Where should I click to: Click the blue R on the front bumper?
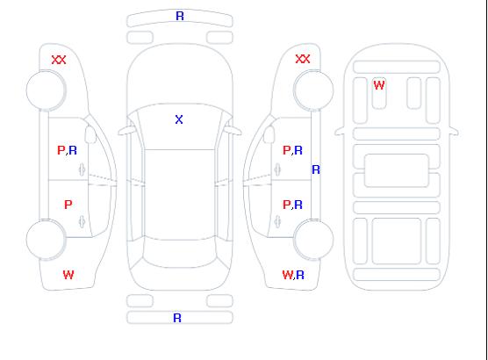pyautogui.click(x=180, y=16)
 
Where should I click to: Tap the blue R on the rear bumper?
pyautogui.click(x=177, y=318)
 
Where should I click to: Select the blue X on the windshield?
pyautogui.click(x=179, y=119)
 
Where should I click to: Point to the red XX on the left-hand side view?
pyautogui.click(x=59, y=60)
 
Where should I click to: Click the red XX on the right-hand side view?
pyautogui.click(x=303, y=59)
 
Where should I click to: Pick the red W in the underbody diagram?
pyautogui.click(x=379, y=85)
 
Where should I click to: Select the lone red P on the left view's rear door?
pyautogui.click(x=68, y=205)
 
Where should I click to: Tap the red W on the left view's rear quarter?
pyautogui.click(x=68, y=275)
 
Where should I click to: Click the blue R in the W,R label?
pyautogui.click(x=300, y=275)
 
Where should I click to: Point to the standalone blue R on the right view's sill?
pyautogui.click(x=316, y=169)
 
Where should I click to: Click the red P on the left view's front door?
pyautogui.click(x=61, y=150)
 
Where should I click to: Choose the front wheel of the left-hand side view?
pyautogui.click(x=46, y=90)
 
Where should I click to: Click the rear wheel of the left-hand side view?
pyautogui.click(x=46, y=240)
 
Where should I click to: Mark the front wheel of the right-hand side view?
pyautogui.click(x=313, y=90)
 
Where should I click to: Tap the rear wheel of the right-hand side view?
pyautogui.click(x=313, y=240)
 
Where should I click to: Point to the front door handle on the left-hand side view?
pyautogui.click(x=82, y=169)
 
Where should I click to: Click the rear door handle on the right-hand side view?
pyautogui.click(x=277, y=221)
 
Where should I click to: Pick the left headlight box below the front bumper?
pyautogui.click(x=140, y=38)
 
